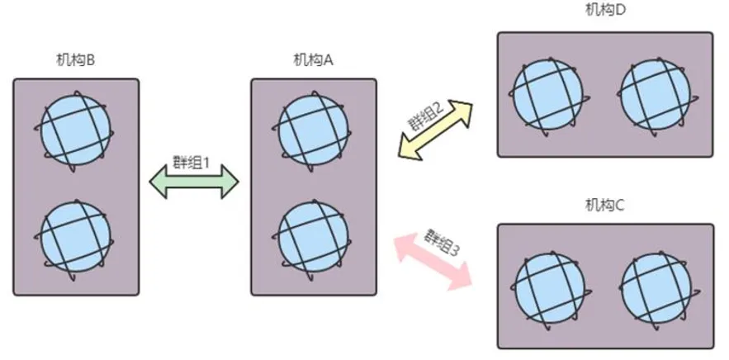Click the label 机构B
click(x=74, y=60)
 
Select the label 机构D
click(x=604, y=10)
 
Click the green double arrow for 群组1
click(x=193, y=182)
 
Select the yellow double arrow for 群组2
click(x=435, y=128)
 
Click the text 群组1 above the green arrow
click(x=193, y=162)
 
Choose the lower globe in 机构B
click(x=75, y=234)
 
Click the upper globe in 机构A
click(x=313, y=130)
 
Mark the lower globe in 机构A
click(x=313, y=234)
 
